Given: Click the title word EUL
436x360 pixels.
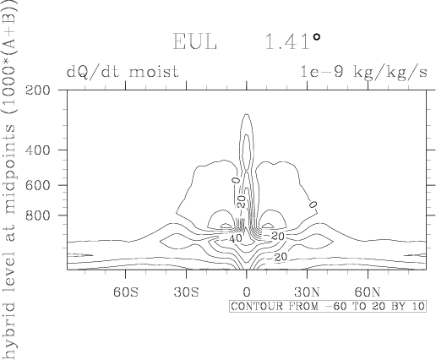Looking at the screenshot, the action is pyautogui.click(x=194, y=41).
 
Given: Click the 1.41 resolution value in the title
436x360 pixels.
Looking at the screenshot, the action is pyautogui.click(x=287, y=41).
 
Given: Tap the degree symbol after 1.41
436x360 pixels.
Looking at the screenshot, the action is pyautogui.click(x=317, y=37).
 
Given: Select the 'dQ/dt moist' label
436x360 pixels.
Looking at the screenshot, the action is pyautogui.click(x=123, y=72).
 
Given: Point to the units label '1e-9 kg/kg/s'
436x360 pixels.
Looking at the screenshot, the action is pyautogui.click(x=363, y=72).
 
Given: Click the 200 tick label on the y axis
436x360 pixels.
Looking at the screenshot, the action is pyautogui.click(x=38, y=90).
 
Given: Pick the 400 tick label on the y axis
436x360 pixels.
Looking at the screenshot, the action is pyautogui.click(x=38, y=150).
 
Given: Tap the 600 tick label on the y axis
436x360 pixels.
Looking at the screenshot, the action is pyautogui.click(x=38, y=185).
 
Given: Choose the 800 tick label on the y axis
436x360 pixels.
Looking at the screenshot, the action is pyautogui.click(x=38, y=215).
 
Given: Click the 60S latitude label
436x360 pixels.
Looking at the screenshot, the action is pyautogui.click(x=126, y=292).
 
